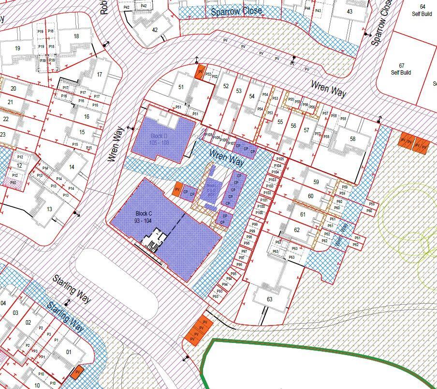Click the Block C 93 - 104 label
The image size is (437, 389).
tap(144, 217)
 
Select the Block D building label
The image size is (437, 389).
tap(159, 139)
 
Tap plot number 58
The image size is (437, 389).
tap(352, 139)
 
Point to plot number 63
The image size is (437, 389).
tap(269, 299)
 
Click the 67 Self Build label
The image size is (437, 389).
tap(401, 69)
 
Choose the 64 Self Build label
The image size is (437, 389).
tap(422, 10)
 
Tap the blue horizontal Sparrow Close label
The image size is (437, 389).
tap(236, 11)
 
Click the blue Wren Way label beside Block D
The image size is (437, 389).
tap(226, 158)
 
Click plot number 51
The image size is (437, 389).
tap(181, 87)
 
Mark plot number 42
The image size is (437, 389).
tap(155, 30)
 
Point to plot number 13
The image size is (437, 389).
tap(49, 209)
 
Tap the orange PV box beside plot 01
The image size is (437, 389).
tap(75, 373)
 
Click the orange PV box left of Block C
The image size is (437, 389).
tap(177, 189)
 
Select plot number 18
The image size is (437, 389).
tap(76, 36)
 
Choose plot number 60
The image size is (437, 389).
tap(310, 196)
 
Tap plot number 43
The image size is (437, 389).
tap(350, 12)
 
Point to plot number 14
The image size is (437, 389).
tap(72, 167)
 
